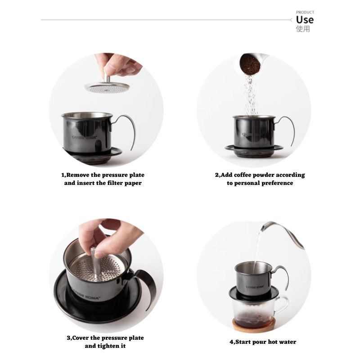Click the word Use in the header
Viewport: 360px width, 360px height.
(305, 20)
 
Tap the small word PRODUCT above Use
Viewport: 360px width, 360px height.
(305, 12)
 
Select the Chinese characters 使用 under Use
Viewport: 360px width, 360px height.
(303, 29)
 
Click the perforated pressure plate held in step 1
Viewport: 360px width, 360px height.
(107, 87)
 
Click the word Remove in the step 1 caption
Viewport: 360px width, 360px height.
(78, 175)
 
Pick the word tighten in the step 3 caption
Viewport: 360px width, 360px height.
(108, 346)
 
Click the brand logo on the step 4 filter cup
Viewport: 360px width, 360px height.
(255, 287)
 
